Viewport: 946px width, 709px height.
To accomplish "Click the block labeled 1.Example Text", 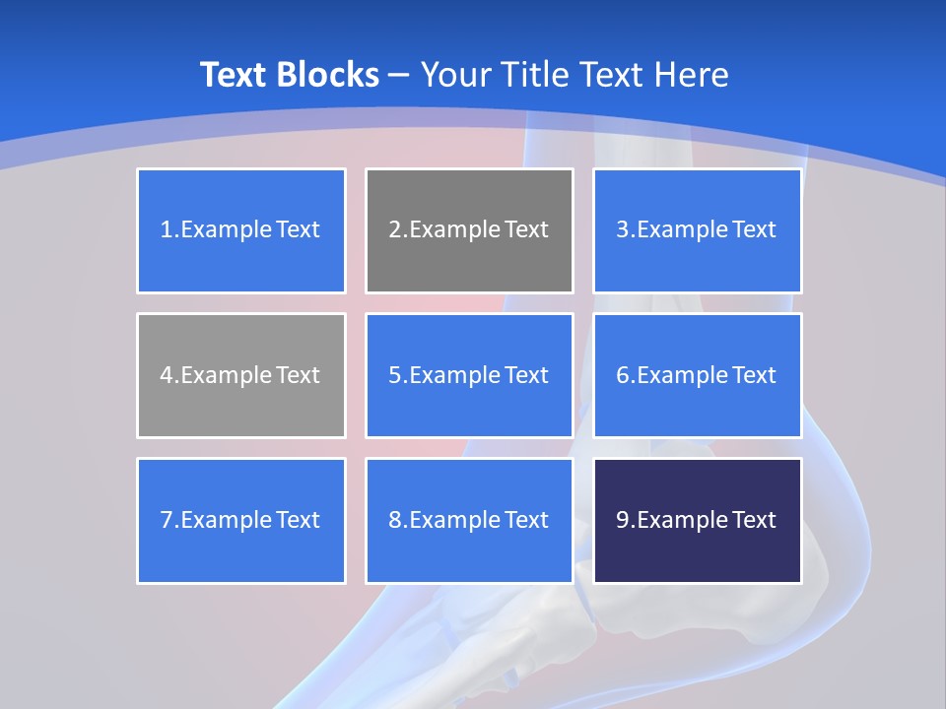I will (x=241, y=230).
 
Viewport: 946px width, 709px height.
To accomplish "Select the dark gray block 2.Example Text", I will (x=469, y=230).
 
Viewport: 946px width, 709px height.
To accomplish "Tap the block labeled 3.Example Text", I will (x=697, y=230).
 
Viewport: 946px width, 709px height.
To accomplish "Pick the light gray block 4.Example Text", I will (x=241, y=375).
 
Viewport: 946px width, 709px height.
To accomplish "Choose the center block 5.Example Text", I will (x=469, y=375).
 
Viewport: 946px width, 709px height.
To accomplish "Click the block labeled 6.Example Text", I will (x=697, y=375).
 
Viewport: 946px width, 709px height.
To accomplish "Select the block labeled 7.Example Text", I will (x=241, y=520).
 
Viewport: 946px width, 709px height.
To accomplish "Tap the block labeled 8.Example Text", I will (x=469, y=520).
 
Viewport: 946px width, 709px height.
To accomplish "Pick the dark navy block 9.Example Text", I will (x=697, y=520).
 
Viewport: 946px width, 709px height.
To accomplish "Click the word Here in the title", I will (x=694, y=75).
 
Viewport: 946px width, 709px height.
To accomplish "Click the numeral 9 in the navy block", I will (x=623, y=520).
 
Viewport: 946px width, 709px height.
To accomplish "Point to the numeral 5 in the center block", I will (x=395, y=375).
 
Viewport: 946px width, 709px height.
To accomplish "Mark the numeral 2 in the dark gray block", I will (x=395, y=230).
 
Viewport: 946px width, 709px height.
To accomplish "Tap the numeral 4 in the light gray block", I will (x=167, y=375).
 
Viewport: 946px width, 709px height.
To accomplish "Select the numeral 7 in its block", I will (x=167, y=520).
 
